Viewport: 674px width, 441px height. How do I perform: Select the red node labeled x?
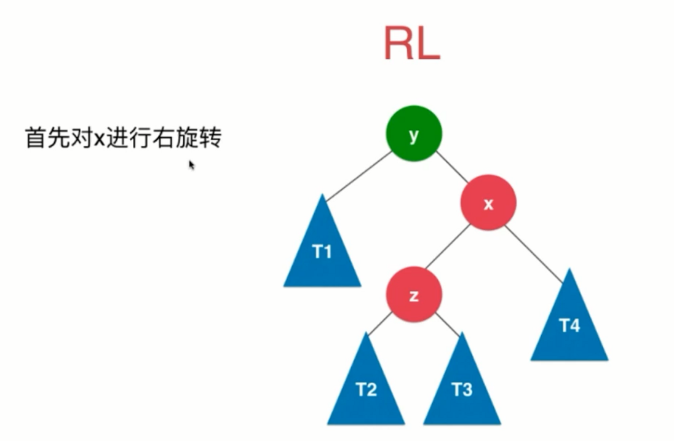tap(488, 203)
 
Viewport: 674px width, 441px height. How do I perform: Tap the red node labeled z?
tap(413, 295)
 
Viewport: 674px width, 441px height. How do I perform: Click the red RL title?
tap(412, 44)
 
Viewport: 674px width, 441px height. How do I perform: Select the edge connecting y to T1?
tap(358, 177)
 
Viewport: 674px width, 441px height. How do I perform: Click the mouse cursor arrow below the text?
tap(191, 164)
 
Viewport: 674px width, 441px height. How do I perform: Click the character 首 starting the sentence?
tap(35, 138)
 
